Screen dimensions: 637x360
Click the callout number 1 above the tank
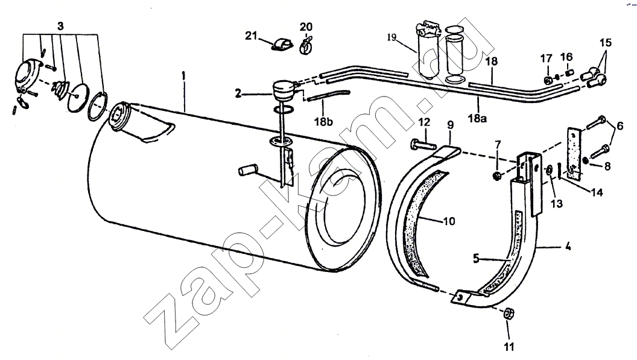click(183, 76)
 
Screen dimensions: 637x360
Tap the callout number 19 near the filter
click(391, 38)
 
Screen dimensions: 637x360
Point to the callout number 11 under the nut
click(509, 347)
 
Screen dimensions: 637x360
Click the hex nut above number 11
click(509, 314)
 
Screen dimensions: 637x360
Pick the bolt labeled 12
click(422, 144)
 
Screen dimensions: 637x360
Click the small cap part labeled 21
click(282, 44)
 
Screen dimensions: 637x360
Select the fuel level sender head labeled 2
click(284, 92)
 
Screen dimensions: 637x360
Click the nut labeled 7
click(496, 176)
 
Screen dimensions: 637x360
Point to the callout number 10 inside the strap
click(449, 221)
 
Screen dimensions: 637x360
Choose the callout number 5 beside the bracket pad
click(476, 259)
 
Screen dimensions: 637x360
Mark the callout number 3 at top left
click(60, 27)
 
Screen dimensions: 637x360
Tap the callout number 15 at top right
click(605, 42)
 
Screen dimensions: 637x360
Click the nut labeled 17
click(547, 80)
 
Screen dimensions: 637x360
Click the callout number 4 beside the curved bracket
click(568, 246)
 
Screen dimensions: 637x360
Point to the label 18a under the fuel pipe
click(478, 119)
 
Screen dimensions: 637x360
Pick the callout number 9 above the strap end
click(451, 125)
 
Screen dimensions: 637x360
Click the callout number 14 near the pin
click(597, 192)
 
